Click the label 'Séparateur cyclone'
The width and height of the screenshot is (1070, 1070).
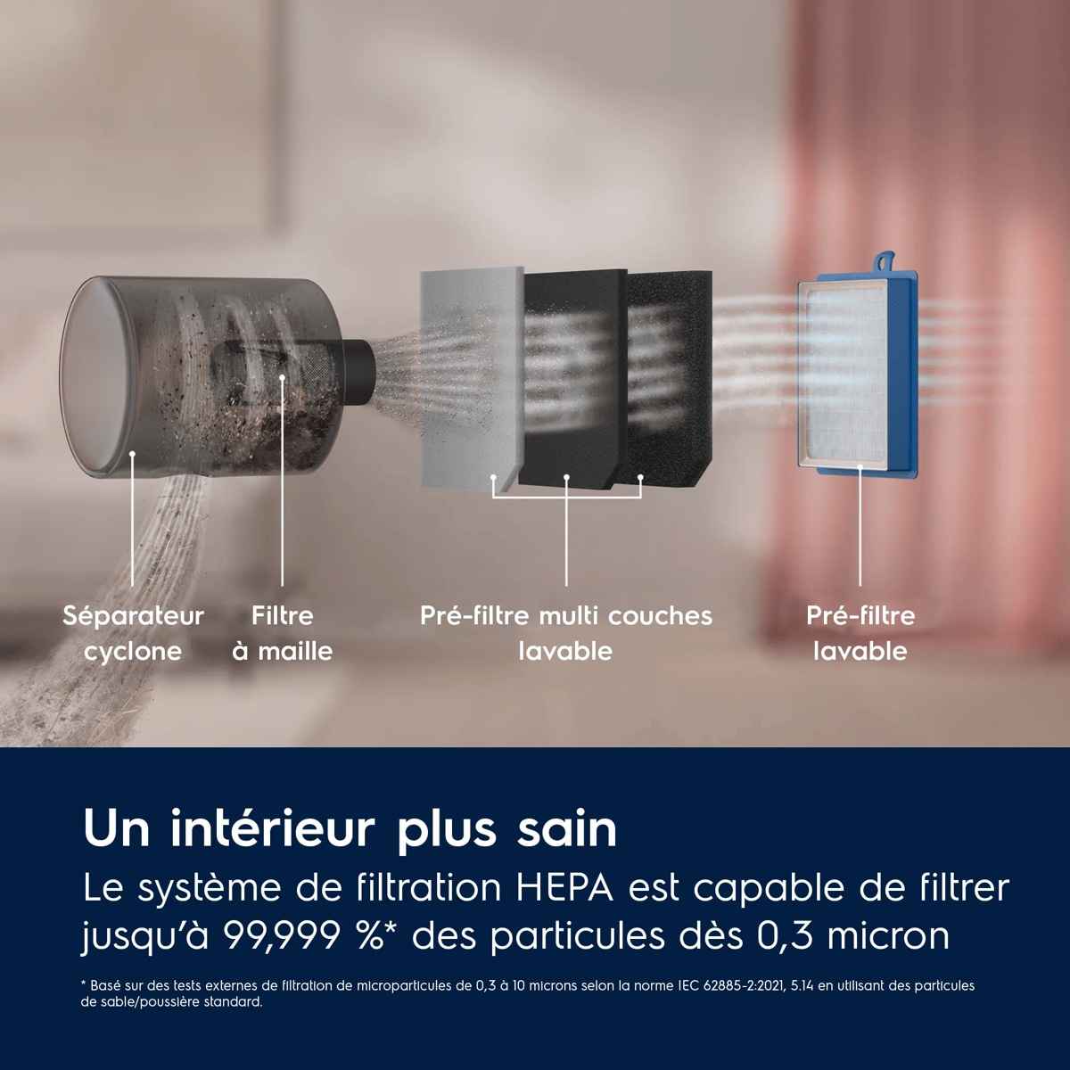pos(133,633)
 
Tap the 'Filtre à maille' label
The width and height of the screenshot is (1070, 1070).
pos(282,633)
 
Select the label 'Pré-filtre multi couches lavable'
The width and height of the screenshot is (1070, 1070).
pos(566,633)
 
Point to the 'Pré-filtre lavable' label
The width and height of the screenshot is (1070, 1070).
pos(860,633)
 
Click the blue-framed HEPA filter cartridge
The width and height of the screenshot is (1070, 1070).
pos(857,373)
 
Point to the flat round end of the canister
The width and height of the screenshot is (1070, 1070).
pos(92,377)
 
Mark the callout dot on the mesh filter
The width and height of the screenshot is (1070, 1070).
pos(283,377)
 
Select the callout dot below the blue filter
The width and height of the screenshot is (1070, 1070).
pos(860,467)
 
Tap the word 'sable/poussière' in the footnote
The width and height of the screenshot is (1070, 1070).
pos(141,1017)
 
